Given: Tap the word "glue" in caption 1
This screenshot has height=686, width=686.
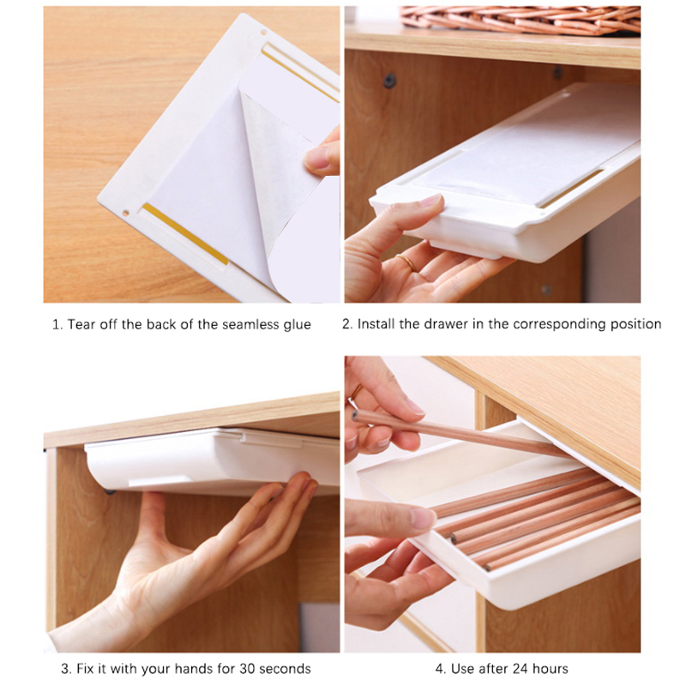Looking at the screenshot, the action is point(297,326).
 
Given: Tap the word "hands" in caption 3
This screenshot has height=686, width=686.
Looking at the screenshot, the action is point(195,669).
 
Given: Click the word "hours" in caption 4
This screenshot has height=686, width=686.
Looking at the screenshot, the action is point(549,669).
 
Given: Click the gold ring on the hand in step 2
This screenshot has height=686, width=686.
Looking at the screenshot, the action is point(406,262).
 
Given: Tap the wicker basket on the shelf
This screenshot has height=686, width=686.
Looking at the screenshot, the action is point(521,20).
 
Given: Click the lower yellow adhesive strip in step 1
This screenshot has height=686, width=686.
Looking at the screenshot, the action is point(184,234).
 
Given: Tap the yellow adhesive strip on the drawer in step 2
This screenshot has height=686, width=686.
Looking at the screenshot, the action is point(570,189).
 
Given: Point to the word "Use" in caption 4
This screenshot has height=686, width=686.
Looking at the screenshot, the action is point(462,669).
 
